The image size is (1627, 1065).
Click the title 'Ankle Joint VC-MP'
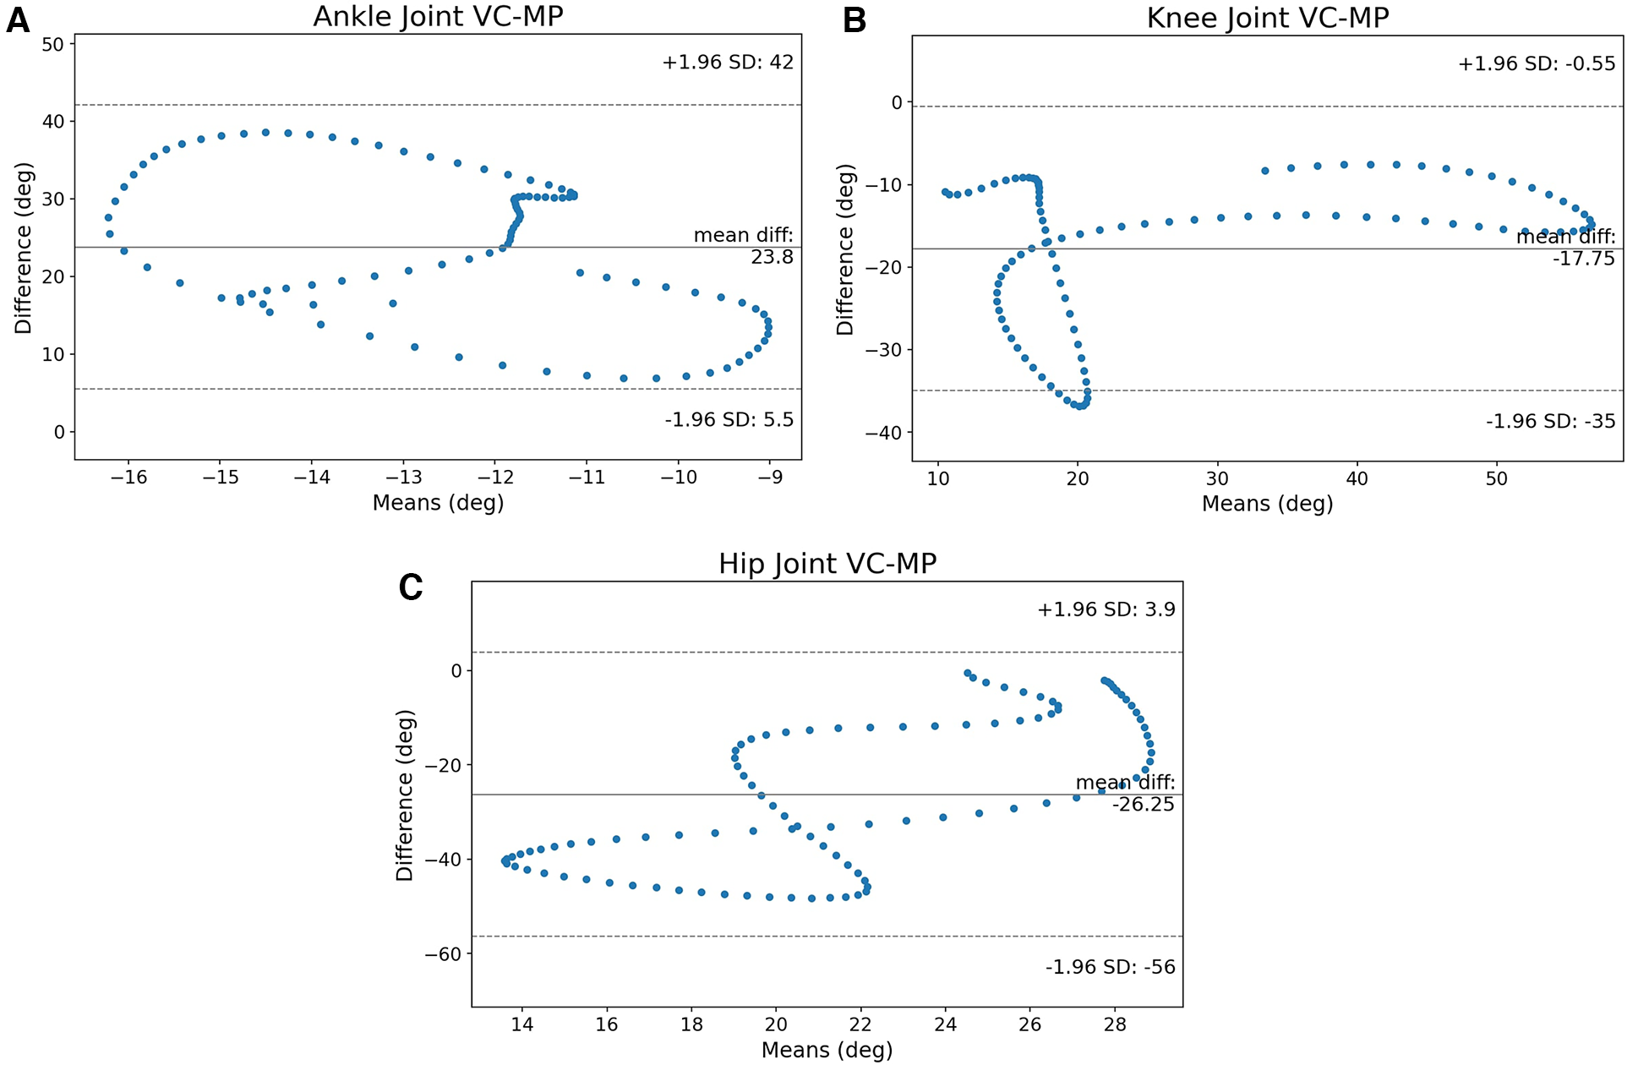[x=438, y=16]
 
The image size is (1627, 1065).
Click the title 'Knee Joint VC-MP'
[x=1267, y=18]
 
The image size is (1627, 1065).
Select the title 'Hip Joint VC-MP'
[x=827, y=564]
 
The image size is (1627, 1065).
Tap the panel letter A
[x=18, y=20]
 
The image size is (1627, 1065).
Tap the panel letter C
[x=411, y=587]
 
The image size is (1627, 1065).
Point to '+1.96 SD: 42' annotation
[x=728, y=63]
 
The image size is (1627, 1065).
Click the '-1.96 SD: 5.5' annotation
[x=729, y=420]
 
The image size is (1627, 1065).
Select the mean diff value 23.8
[x=772, y=257]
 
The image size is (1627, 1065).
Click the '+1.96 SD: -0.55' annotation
[x=1536, y=64]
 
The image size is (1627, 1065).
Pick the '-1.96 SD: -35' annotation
[x=1550, y=421]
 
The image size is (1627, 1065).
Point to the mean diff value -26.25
[x=1143, y=805]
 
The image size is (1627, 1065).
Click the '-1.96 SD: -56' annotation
[x=1110, y=967]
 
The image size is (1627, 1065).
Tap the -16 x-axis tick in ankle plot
[x=128, y=478]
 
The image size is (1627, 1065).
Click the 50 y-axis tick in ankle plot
[x=52, y=44]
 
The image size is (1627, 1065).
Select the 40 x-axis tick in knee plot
[x=1357, y=478]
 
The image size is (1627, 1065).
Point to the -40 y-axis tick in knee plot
[x=883, y=433]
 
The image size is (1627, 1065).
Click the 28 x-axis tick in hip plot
[x=1115, y=1024]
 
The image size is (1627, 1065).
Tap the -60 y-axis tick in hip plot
[x=443, y=954]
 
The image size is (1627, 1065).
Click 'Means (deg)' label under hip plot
[x=827, y=1050]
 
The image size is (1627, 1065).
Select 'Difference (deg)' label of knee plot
[x=845, y=249]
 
